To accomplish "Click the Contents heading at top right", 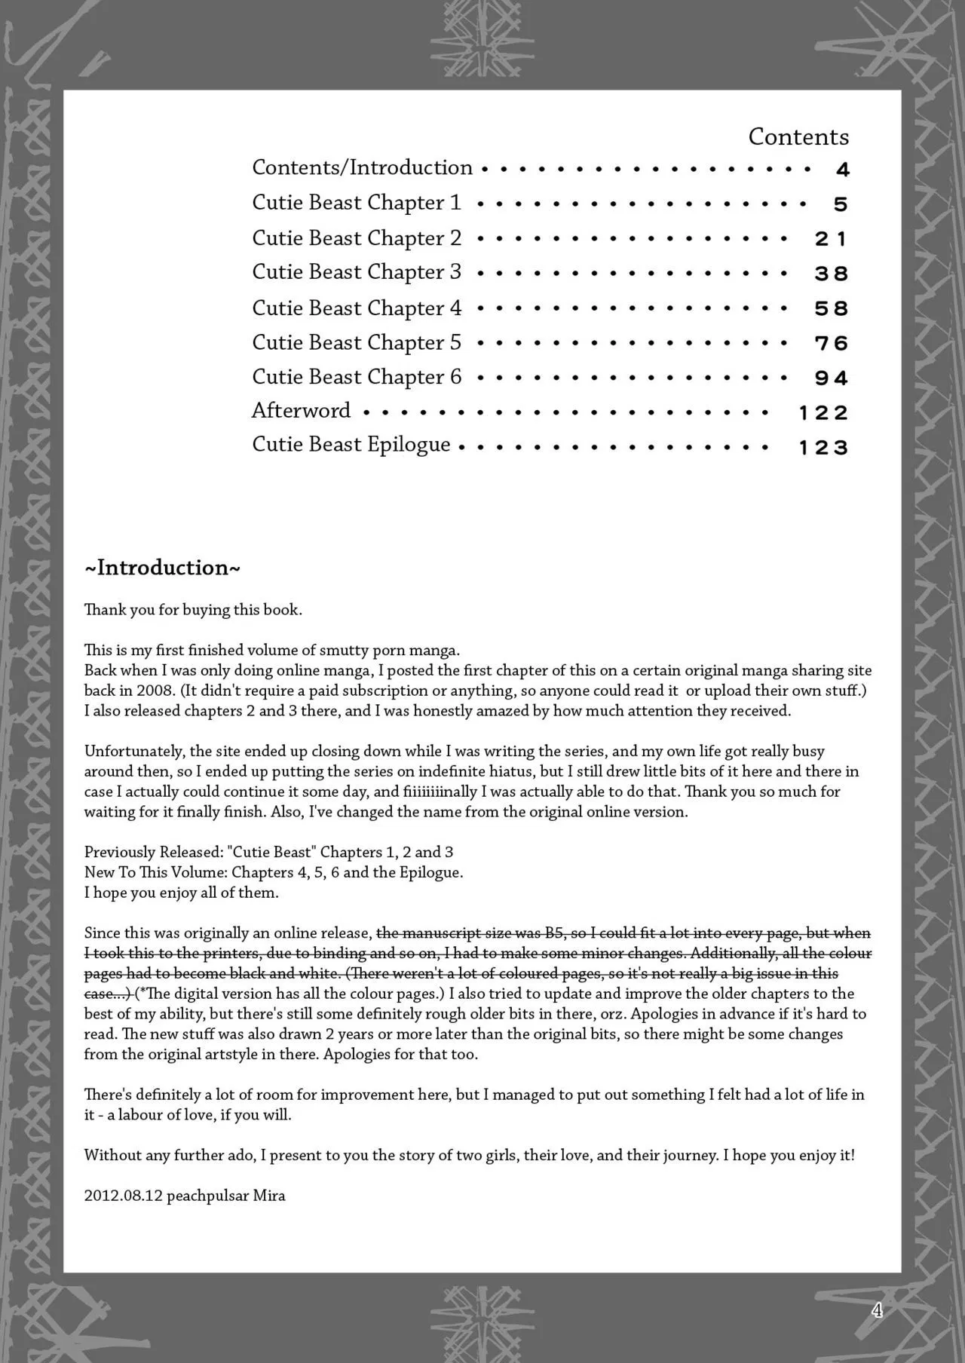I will click(798, 136).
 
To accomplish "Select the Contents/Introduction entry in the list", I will click(362, 167).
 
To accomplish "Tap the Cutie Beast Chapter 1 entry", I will click(356, 203).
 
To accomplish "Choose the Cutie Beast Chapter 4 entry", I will click(356, 308).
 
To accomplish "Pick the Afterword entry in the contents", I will click(301, 411).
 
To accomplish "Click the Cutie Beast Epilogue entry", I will click(351, 445).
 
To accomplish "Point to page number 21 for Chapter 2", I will click(831, 239).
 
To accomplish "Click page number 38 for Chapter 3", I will click(831, 274).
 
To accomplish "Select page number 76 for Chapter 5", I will click(831, 344).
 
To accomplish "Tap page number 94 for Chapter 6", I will click(831, 378).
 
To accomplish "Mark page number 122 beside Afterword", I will click(823, 413).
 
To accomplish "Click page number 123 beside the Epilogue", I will click(823, 448).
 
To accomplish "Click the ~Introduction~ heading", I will click(162, 568).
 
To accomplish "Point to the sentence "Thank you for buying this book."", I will click(193, 610).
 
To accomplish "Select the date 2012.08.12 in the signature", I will click(123, 1196).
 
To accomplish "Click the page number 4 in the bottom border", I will click(877, 1311).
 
